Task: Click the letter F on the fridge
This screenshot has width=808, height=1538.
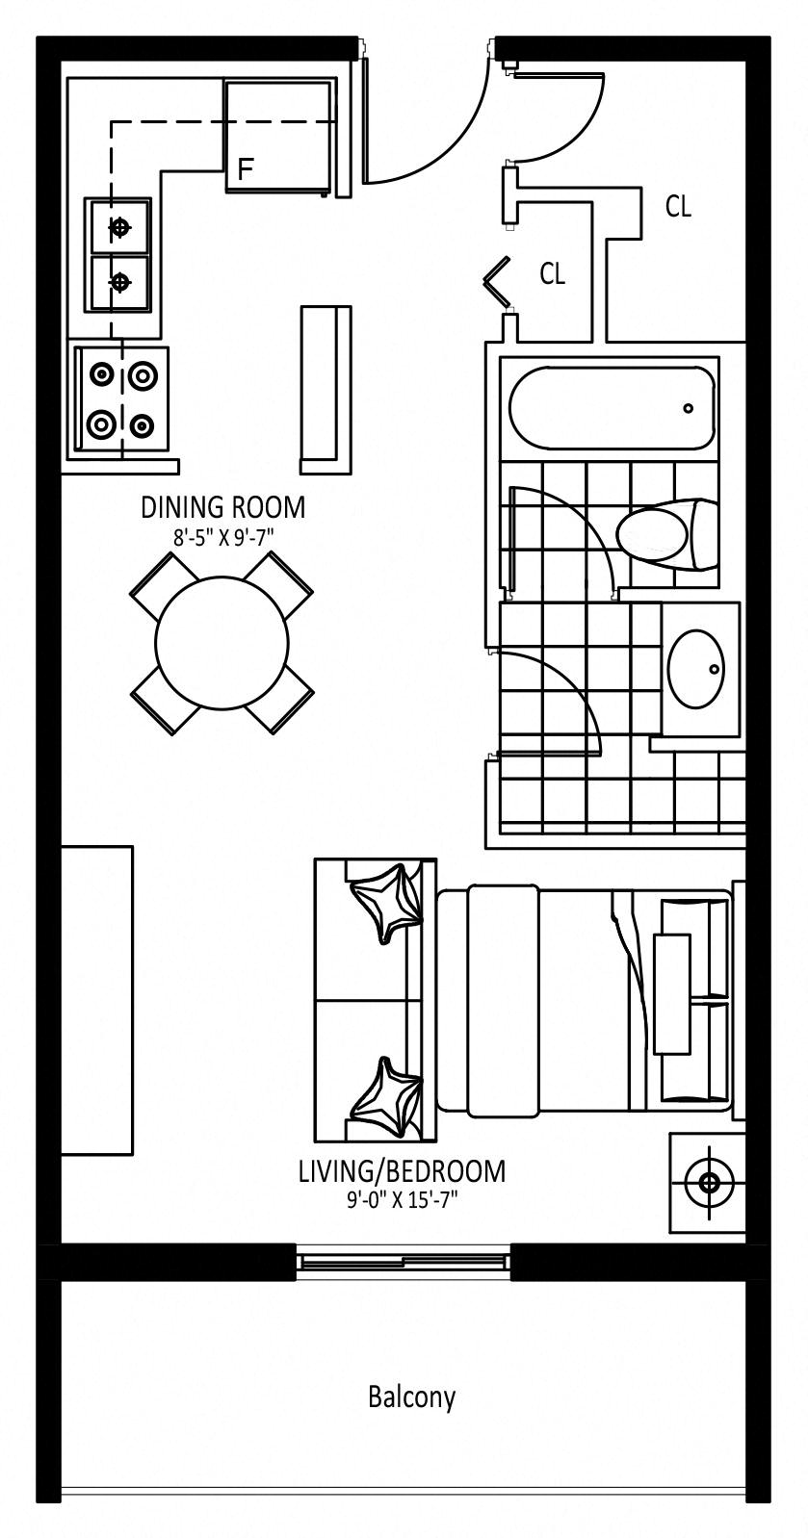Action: (246, 170)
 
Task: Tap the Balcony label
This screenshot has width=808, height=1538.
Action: (411, 1397)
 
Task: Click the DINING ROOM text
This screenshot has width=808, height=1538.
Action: (222, 506)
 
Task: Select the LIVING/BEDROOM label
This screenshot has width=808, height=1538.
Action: (402, 1171)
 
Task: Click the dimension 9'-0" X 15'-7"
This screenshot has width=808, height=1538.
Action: (402, 1200)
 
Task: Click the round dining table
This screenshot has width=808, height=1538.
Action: (222, 642)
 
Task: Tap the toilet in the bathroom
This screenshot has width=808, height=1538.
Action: (665, 531)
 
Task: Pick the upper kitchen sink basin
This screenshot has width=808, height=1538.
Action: (119, 227)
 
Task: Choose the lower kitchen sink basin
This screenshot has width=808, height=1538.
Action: (119, 282)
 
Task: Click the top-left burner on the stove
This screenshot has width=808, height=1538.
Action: (100, 373)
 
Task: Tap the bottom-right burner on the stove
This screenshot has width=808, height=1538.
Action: (143, 423)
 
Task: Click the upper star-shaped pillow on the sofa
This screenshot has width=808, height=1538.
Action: (386, 900)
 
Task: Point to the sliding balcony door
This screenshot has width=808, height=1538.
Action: (403, 1261)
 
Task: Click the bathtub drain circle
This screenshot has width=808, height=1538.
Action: (688, 408)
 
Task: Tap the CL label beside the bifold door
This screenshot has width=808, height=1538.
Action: (552, 274)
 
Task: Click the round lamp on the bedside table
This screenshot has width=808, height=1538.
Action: (710, 1183)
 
